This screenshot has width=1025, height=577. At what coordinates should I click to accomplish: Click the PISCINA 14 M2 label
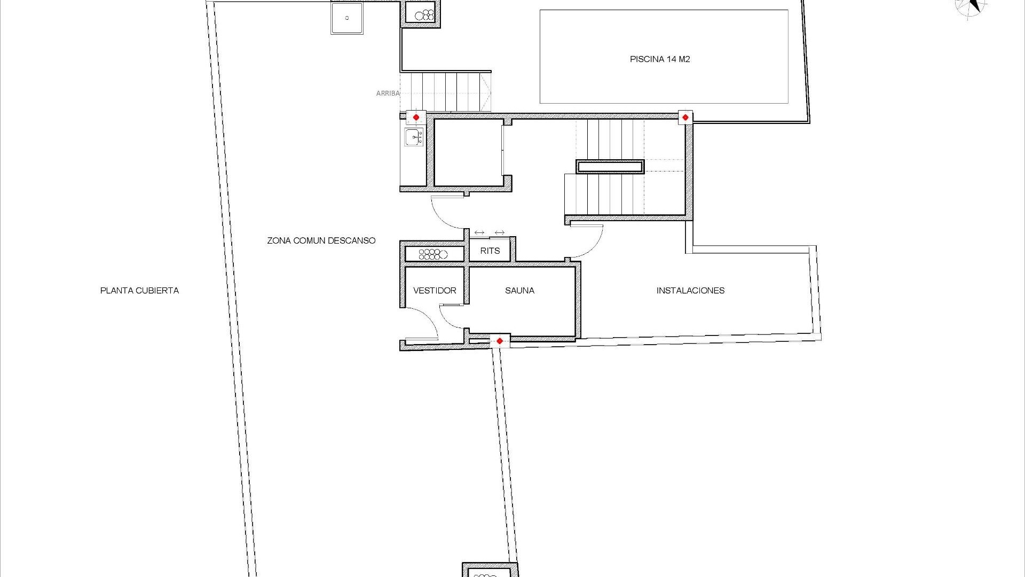[660, 59]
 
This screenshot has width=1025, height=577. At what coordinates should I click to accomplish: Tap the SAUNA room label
[519, 291]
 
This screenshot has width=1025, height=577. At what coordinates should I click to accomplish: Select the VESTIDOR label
[435, 291]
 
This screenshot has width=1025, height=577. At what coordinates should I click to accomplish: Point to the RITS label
[490, 251]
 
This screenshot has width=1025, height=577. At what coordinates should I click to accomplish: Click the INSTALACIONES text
[690, 291]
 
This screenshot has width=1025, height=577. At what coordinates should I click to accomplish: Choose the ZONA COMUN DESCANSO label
[321, 240]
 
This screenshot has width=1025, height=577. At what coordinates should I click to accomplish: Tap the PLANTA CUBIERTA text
[139, 291]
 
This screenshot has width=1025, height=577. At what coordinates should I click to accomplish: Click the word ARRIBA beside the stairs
[388, 93]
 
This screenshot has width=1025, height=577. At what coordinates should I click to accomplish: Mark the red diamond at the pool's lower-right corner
[685, 117]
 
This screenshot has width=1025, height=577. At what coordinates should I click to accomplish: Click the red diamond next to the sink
[416, 117]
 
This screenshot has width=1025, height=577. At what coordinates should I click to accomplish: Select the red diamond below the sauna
[500, 341]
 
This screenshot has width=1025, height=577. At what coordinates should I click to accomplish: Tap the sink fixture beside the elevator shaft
[414, 137]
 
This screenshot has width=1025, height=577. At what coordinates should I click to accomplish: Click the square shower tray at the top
[347, 18]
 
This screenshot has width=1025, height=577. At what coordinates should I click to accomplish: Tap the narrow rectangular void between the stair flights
[610, 167]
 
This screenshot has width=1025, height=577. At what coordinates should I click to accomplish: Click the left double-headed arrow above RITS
[479, 232]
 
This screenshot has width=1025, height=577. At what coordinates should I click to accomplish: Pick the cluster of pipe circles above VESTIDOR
[432, 254]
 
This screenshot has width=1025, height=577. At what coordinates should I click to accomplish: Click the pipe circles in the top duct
[425, 14]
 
